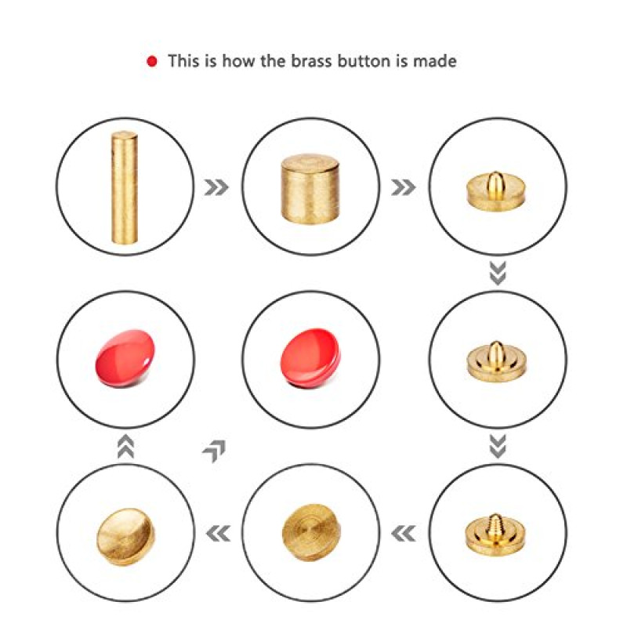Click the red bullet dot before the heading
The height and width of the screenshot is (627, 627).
[152, 62]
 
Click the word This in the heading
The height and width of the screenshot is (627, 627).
[183, 61]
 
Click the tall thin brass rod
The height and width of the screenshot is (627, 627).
[125, 187]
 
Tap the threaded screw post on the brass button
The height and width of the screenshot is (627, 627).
[495, 526]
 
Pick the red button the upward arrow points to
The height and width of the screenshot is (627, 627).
[125, 358]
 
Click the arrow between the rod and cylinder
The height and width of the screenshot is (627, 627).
[216, 187]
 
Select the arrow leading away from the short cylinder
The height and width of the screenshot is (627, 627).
[403, 187]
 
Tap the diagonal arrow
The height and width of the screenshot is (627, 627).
[215, 451]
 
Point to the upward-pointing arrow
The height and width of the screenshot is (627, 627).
[125, 446]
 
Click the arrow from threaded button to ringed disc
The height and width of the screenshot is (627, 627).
[403, 534]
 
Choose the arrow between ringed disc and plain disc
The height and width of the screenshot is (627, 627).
[218, 534]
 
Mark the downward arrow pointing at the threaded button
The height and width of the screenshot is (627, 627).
[498, 446]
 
